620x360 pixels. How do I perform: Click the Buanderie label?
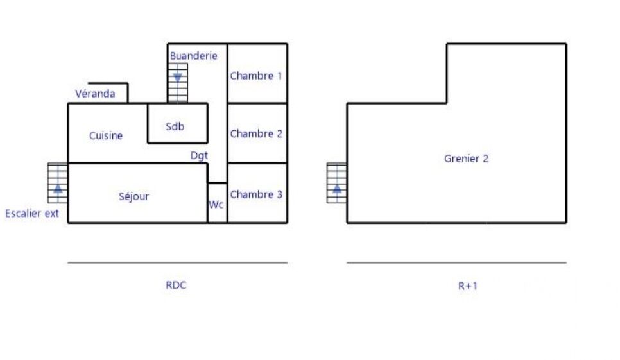(193, 56)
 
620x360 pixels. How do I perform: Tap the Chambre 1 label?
(256, 76)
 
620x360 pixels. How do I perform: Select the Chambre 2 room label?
(256, 134)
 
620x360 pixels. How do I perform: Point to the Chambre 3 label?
(256, 194)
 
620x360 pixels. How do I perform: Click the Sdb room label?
(175, 126)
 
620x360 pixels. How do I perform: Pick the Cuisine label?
(105, 135)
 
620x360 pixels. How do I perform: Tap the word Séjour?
(133, 196)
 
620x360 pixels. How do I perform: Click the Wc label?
(216, 204)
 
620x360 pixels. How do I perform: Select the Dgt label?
(199, 156)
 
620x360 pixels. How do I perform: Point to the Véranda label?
(95, 94)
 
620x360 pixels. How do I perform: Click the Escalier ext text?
(32, 214)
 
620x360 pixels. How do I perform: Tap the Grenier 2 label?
(466, 159)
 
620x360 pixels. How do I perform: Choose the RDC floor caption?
(176, 286)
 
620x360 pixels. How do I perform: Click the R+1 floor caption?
(468, 286)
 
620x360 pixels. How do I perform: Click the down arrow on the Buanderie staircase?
(178, 78)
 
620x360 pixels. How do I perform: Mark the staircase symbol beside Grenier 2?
(336, 183)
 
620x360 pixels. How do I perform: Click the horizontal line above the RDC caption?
(178, 262)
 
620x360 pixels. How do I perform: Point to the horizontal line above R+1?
(457, 262)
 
